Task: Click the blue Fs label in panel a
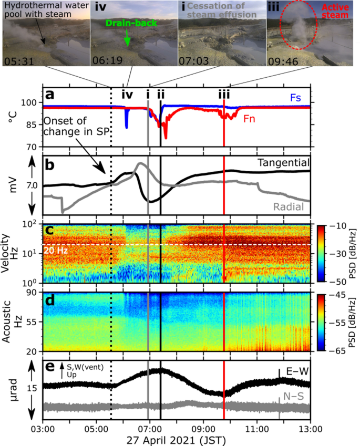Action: pyautogui.click(x=296, y=98)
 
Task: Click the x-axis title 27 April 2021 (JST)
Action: pyautogui.click(x=176, y=438)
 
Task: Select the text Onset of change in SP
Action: pyautogui.click(x=76, y=129)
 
